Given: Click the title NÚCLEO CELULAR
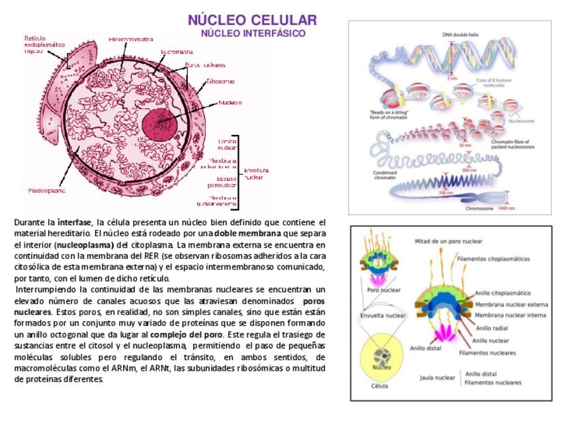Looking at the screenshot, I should click(x=252, y=20).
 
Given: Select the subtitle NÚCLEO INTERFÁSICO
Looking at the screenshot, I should click(x=253, y=33).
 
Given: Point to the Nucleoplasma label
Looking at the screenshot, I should click(x=47, y=191).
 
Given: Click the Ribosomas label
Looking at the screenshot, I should click(x=220, y=81).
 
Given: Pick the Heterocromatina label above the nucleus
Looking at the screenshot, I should click(x=131, y=40).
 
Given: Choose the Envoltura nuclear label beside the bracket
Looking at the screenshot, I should click(x=253, y=174).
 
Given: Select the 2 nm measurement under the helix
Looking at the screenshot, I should click(x=452, y=78).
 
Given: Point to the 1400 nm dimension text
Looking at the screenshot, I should click(x=506, y=209).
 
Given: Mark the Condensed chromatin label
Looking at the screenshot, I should click(x=385, y=175).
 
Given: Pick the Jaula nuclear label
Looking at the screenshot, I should click(x=437, y=378).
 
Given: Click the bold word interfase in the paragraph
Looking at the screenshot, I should click(x=74, y=222).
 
